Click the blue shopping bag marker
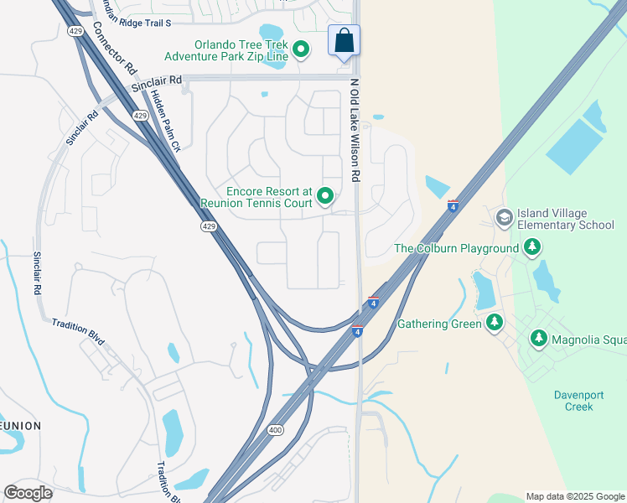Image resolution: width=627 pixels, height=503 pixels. pos(344,41)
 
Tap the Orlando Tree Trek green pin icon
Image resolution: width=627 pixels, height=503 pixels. pos(300,50)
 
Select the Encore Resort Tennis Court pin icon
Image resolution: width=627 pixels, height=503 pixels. pos(324,198)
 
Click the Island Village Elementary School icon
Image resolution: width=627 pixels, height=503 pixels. pos(504,219)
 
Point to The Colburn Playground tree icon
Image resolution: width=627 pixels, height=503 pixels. pos(531,248)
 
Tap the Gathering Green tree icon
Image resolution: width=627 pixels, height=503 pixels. pos(495,323)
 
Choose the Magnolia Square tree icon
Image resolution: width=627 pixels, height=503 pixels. pos(539,340)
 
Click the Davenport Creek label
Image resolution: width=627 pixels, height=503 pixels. pos(573,401)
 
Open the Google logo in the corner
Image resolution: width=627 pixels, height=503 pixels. pos(28,493)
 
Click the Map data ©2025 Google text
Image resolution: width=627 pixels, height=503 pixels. pos(574,496)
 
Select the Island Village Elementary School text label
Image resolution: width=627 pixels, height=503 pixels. pos(565,219)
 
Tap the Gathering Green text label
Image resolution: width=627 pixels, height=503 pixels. pos(439,324)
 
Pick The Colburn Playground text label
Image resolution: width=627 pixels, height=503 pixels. pos(457,248)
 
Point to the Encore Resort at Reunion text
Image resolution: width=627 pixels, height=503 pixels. pos(256,197)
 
